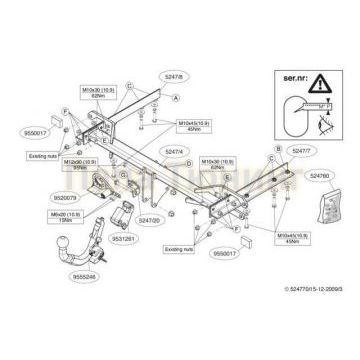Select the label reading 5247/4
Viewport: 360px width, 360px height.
click(173, 151)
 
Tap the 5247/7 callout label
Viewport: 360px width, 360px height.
click(296, 149)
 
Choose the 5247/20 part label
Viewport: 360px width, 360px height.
click(149, 219)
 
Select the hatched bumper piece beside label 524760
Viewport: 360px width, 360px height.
click(326, 215)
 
